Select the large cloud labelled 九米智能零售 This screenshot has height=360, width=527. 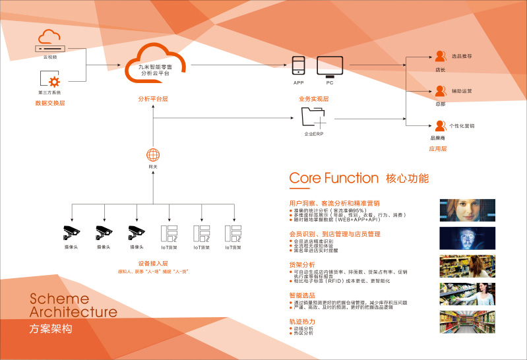(155, 65)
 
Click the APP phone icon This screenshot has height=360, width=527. (298, 66)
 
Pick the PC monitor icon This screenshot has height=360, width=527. (329, 65)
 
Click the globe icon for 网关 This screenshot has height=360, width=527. (153, 156)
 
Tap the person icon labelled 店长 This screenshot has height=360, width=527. (441, 57)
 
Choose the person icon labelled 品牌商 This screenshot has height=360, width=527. (440, 125)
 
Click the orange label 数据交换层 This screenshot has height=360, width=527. (50, 103)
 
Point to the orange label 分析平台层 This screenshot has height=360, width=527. (153, 98)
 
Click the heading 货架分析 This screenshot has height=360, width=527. (303, 265)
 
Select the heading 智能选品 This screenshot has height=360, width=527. (303, 296)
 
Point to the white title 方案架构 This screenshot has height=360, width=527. (52, 328)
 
